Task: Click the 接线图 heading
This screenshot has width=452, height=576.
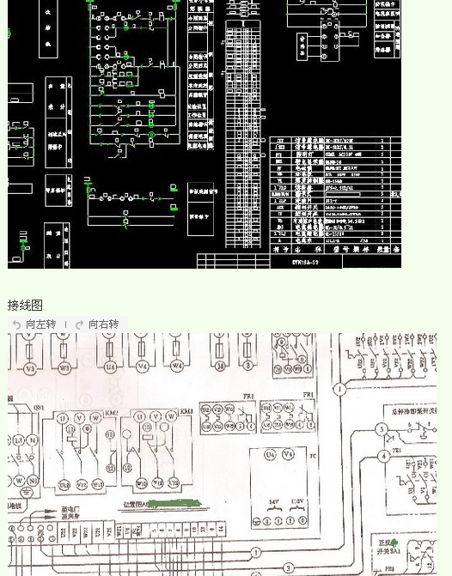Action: coord(25,306)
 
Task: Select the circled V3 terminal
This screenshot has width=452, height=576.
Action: coord(29,368)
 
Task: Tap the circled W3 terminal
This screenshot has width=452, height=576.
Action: coord(64,368)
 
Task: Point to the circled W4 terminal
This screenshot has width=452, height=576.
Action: coord(177,368)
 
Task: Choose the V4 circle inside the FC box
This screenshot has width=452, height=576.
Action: coord(289,454)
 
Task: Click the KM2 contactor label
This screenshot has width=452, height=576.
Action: coord(112,412)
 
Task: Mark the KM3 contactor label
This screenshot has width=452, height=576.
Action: coord(186,412)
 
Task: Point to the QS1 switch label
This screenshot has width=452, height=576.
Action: coord(39,409)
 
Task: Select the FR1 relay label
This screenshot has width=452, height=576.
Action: coord(307,395)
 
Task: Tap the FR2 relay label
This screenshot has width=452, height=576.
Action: coord(248,395)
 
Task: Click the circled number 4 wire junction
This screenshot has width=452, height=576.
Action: coord(382,456)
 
